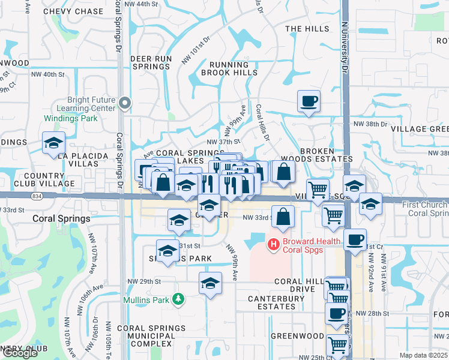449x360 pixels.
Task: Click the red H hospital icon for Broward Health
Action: click(x=274, y=244)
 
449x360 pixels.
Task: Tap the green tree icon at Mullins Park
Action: click(x=177, y=299)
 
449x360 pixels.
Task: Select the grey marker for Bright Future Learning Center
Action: click(x=125, y=103)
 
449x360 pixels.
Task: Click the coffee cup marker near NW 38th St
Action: click(x=309, y=101)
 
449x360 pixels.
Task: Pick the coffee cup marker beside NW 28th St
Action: click(x=336, y=313)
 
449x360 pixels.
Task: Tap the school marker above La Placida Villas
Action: click(x=53, y=143)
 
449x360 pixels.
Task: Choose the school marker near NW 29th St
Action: click(x=210, y=284)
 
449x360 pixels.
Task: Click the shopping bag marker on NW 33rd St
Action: click(x=283, y=217)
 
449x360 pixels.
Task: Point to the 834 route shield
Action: click(x=38, y=196)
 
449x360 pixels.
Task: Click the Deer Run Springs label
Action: click(x=151, y=62)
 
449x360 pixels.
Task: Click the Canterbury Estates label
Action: click(x=267, y=307)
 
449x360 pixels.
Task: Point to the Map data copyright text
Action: click(x=424, y=355)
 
